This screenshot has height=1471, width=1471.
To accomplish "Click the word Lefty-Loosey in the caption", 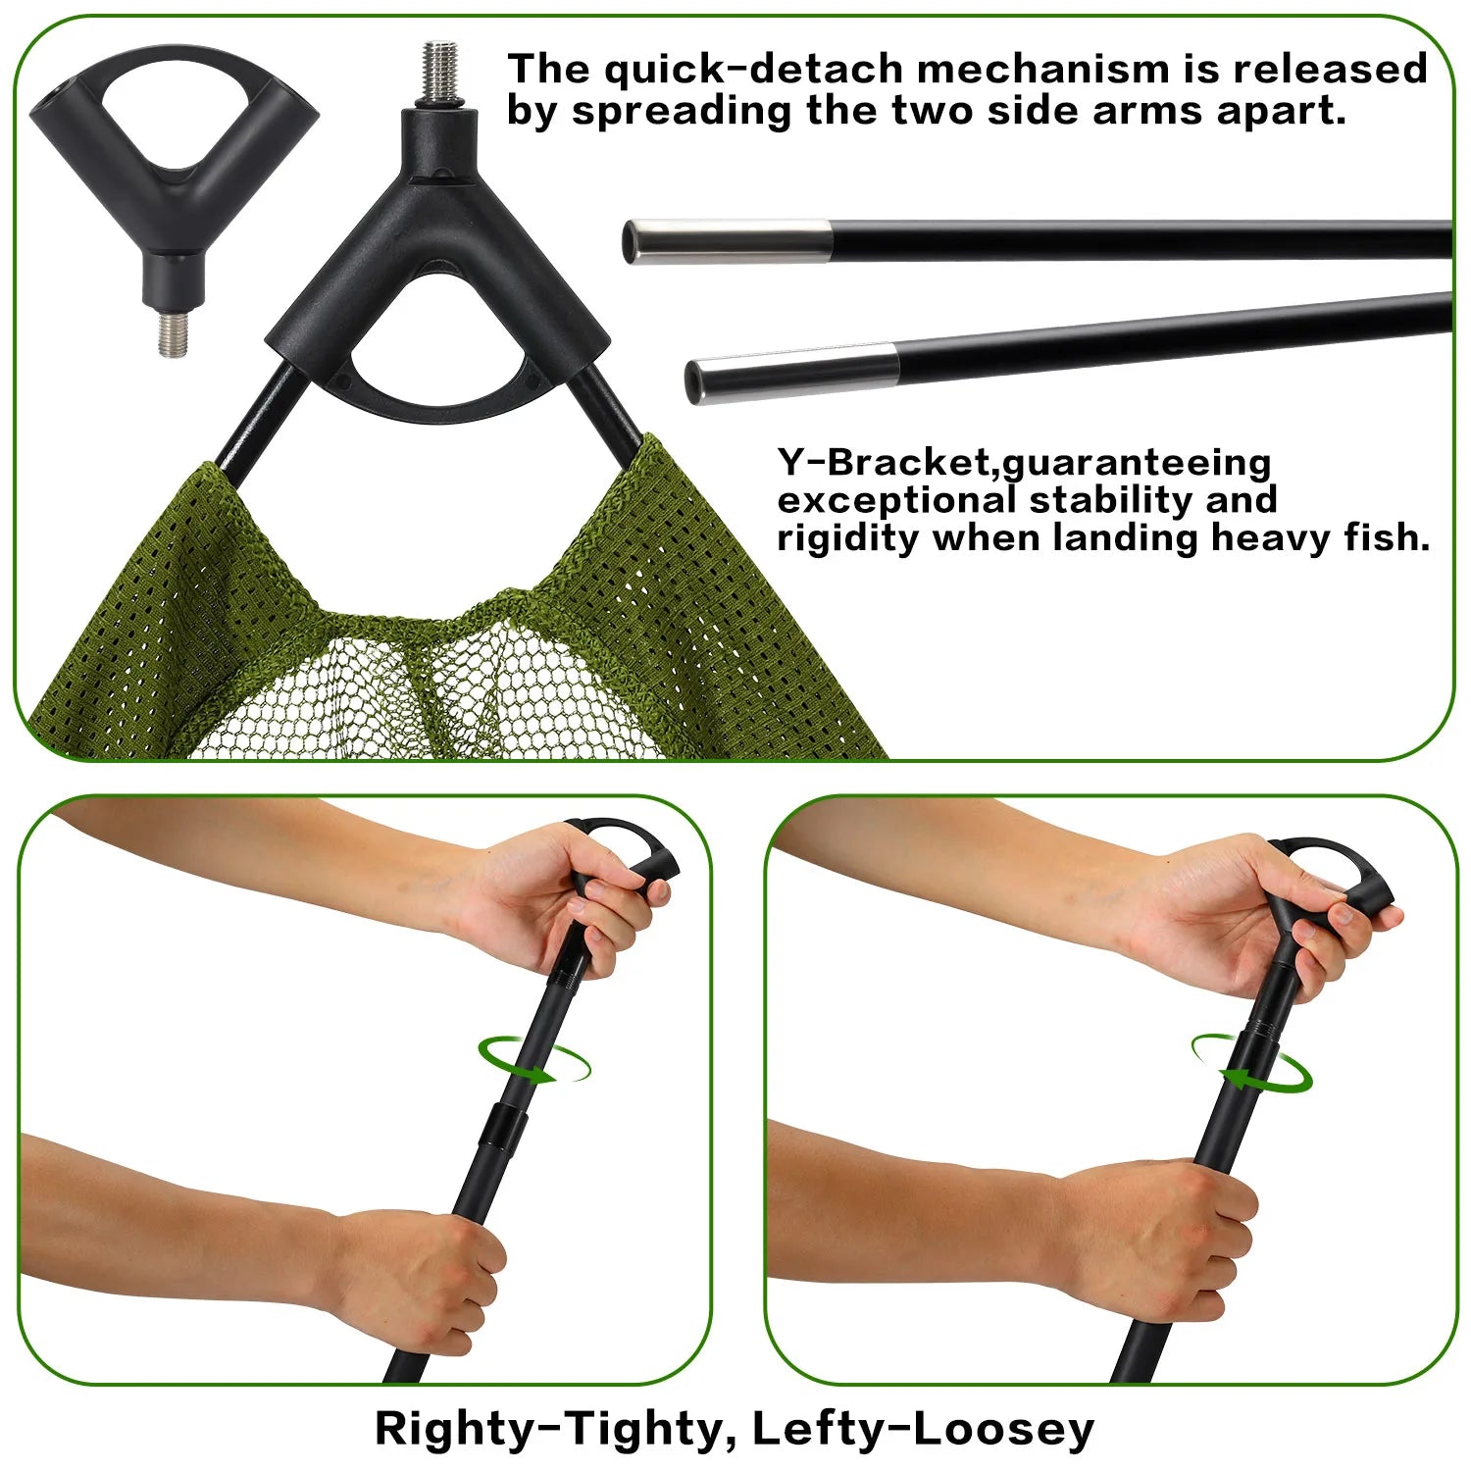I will (x=922, y=1429).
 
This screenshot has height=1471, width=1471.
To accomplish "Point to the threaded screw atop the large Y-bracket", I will (x=440, y=74).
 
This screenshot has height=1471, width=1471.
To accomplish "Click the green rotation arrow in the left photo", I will (x=535, y=1063).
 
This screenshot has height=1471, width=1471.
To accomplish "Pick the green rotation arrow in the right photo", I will (x=1251, y=1065).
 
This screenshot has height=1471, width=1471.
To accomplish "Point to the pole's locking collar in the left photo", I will (x=506, y=1128).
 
